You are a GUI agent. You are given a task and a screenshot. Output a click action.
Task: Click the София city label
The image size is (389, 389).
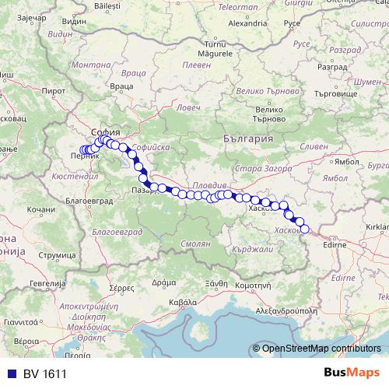104,131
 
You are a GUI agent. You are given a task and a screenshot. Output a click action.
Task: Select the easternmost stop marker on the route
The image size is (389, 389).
304,229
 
